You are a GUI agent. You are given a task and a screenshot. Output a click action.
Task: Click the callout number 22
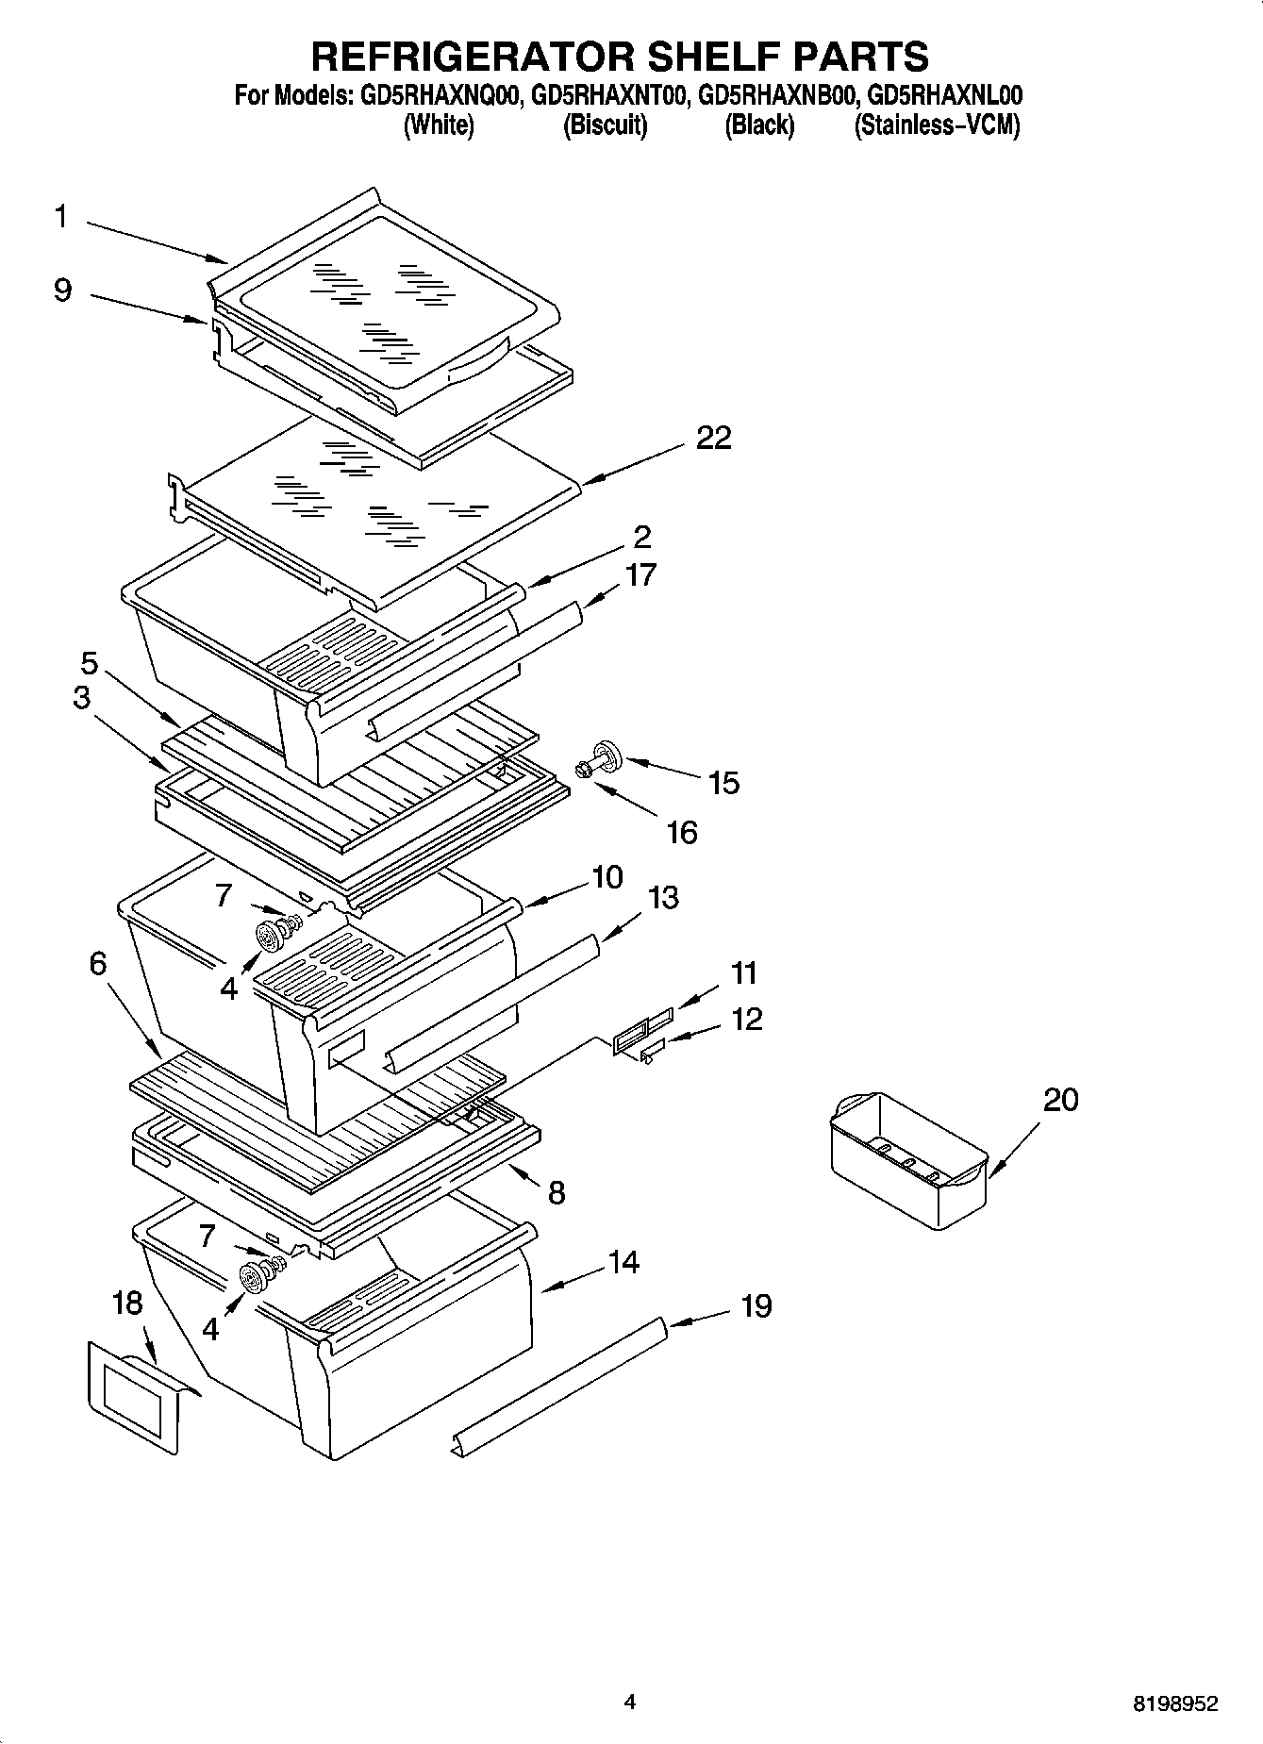click(713, 439)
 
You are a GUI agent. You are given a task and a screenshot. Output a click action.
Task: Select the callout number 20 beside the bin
click(1060, 1100)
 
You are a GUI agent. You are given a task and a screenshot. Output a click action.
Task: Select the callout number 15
click(723, 783)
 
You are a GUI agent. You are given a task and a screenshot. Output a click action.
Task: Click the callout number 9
click(62, 290)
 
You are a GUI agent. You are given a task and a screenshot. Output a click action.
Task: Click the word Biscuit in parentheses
click(605, 126)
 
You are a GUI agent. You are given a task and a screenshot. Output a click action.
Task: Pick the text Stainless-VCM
click(936, 126)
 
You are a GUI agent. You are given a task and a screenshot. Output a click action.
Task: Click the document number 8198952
click(1174, 1703)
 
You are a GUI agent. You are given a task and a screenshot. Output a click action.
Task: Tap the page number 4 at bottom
click(630, 1702)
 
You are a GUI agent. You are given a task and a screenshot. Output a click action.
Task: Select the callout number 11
click(744, 972)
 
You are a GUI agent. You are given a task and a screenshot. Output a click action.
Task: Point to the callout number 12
click(746, 1020)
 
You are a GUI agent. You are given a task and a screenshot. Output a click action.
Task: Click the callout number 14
click(623, 1262)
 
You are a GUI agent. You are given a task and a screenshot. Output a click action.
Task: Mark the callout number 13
click(663, 897)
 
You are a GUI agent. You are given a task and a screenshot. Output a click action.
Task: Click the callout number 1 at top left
click(60, 217)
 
